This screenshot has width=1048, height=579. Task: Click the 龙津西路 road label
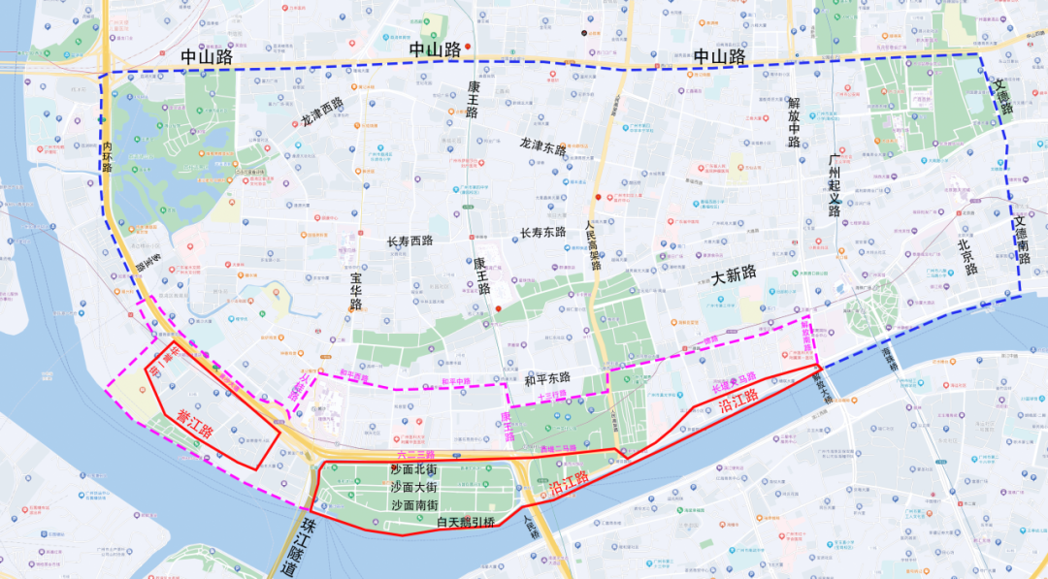coord(322,113)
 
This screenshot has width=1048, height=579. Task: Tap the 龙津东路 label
coord(541,145)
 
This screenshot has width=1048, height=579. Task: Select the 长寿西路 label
coord(410,241)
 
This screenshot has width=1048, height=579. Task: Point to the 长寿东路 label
coord(542,233)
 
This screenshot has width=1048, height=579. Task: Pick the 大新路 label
coord(734,274)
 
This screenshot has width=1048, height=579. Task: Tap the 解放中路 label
coord(794,122)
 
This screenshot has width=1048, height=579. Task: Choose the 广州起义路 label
coord(834,185)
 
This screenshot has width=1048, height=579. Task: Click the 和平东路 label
coord(546,378)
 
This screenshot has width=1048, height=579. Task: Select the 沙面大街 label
coord(414,487)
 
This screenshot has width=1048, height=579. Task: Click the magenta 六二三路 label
coord(416,454)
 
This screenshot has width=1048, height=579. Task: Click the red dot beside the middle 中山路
coord(467,48)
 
